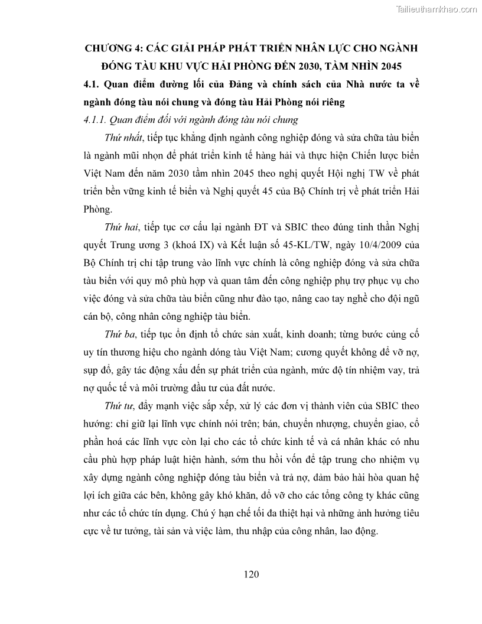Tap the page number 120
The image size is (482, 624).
[252, 574]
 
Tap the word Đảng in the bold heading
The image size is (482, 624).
[230, 84]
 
